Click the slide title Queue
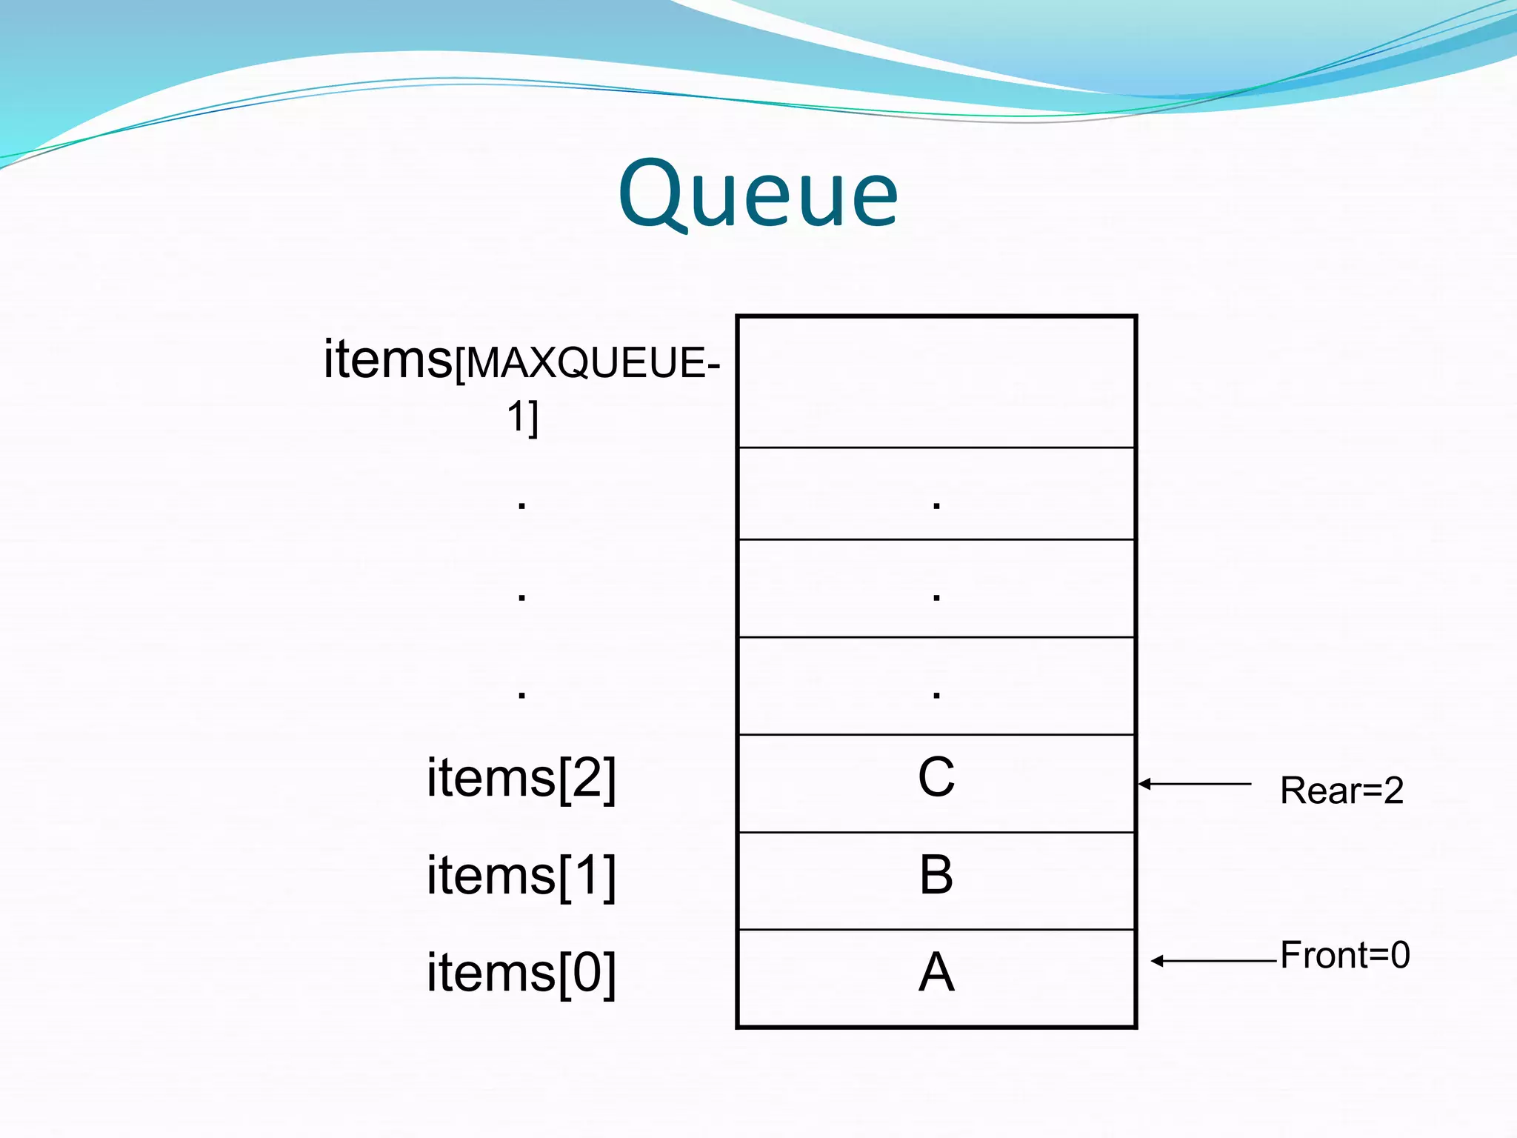[758, 194]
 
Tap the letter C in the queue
[936, 778]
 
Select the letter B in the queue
[936, 875]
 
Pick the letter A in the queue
[936, 973]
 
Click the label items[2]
[521, 779]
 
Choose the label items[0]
[521, 974]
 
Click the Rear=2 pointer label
[1341, 791]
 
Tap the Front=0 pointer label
[1344, 955]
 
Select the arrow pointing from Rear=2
[1194, 784]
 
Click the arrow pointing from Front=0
[1215, 961]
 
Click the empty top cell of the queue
[936, 382]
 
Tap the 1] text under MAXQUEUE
[523, 418]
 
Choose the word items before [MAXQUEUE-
[387, 360]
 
